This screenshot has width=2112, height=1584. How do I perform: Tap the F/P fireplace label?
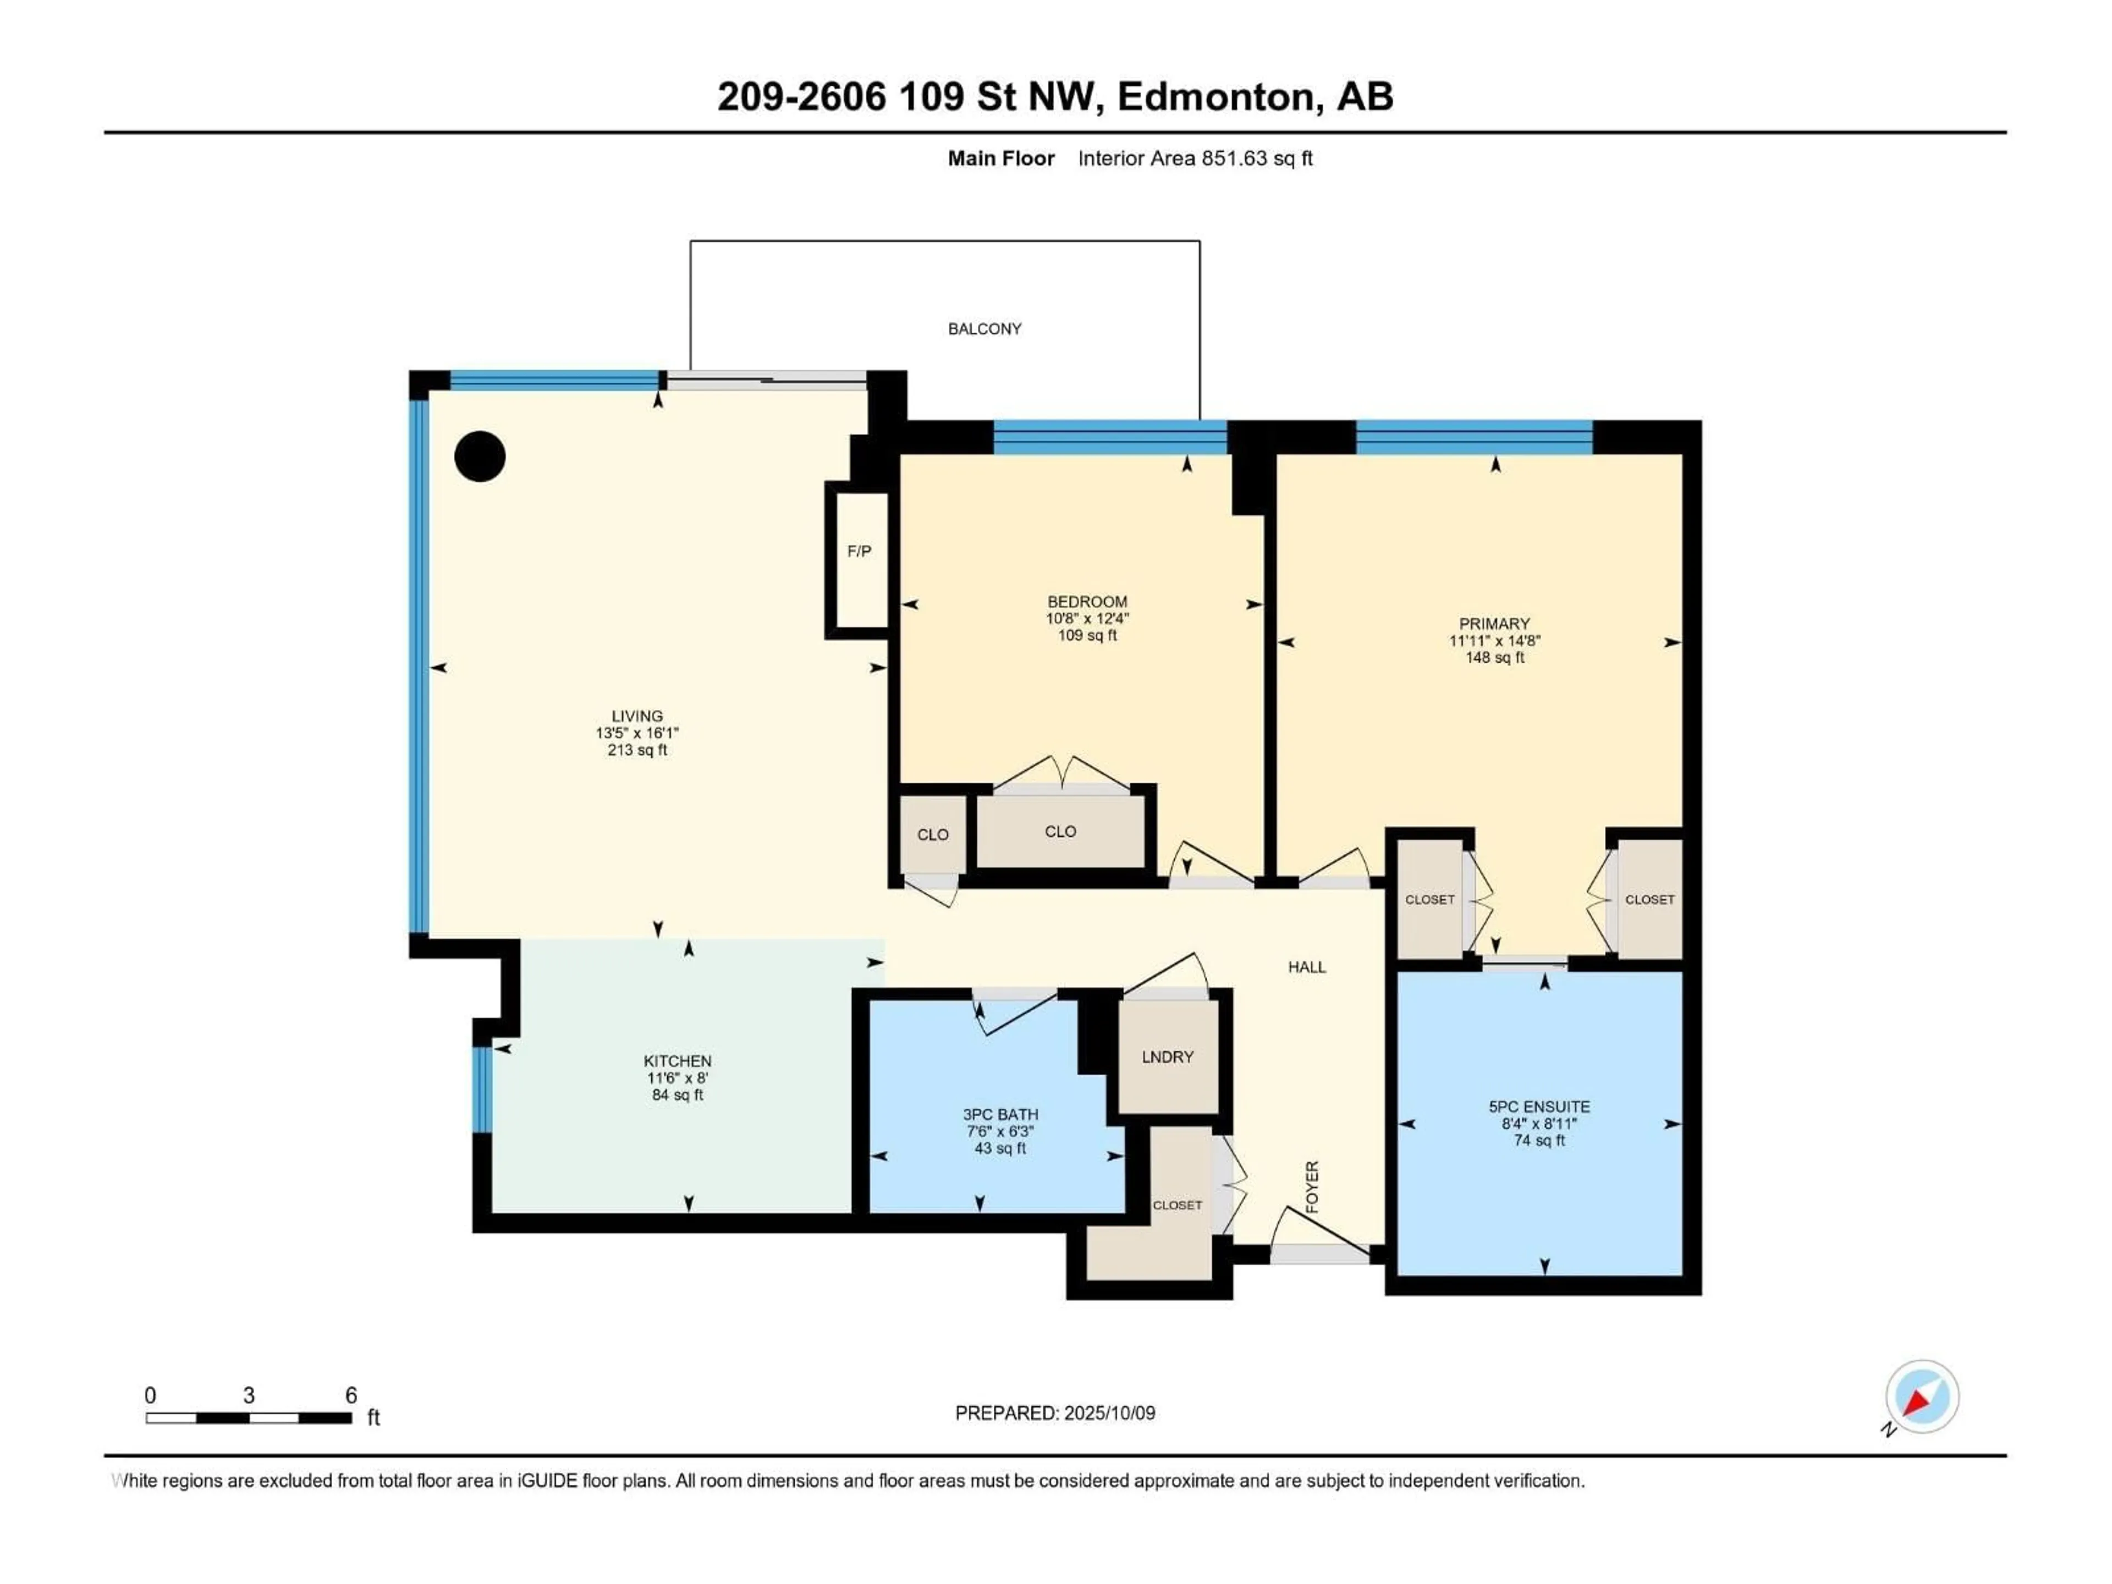[859, 551]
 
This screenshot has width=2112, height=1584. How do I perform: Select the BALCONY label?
[985, 328]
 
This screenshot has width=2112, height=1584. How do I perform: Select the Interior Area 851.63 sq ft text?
[1195, 158]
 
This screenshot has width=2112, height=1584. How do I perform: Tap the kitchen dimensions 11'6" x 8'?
[677, 1078]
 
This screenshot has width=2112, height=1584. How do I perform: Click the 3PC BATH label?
[1000, 1114]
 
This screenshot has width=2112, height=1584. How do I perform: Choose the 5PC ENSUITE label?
[1538, 1107]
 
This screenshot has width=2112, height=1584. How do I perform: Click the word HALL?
[1306, 967]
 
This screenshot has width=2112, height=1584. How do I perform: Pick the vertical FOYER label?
[1312, 1187]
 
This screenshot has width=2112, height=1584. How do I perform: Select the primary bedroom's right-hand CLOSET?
[1649, 899]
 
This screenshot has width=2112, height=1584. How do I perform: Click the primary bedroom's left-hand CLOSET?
[1429, 899]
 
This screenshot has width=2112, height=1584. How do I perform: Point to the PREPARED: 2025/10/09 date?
[1054, 1413]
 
